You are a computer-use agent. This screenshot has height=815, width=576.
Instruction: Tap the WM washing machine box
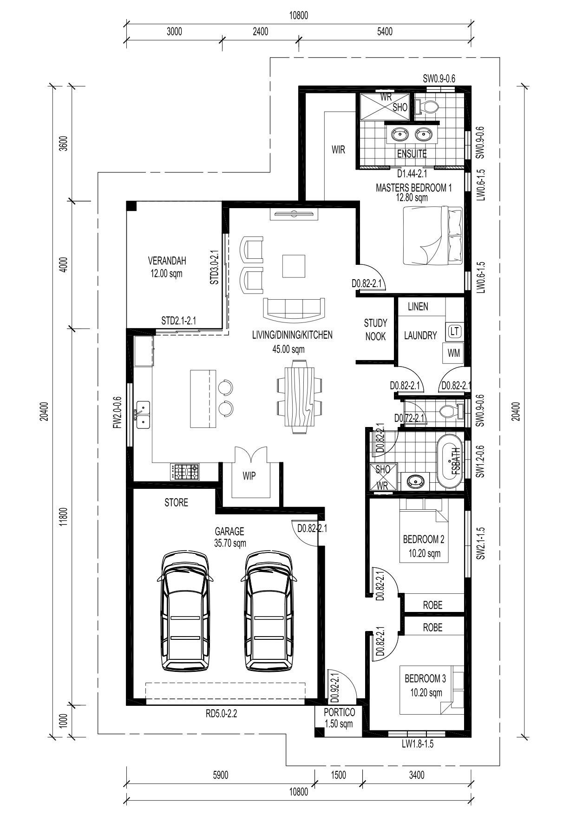(453, 353)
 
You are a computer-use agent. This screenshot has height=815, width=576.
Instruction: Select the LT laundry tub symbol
(454, 331)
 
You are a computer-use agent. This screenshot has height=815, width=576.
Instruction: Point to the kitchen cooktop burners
(185, 472)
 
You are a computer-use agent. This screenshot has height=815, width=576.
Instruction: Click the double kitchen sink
(143, 414)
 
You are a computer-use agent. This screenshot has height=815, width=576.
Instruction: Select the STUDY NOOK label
(375, 329)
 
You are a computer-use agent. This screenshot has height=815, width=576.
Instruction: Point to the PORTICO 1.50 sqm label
(340, 718)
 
